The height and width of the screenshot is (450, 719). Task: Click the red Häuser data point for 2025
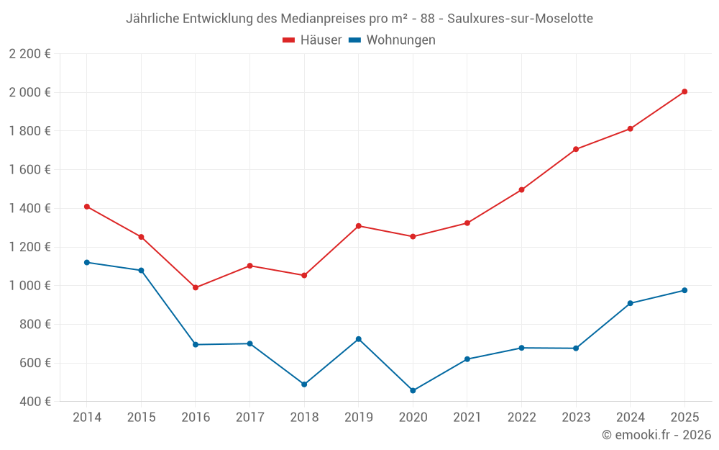click(x=684, y=91)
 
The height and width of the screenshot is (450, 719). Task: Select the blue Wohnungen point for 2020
click(x=413, y=391)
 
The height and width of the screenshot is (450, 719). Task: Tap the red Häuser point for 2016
click(x=196, y=287)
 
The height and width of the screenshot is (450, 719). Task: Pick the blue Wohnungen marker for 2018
click(x=304, y=384)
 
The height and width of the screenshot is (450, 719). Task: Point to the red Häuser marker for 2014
click(x=87, y=207)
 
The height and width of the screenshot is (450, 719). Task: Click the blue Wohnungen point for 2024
click(x=630, y=303)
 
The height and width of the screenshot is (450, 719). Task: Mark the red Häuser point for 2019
click(x=358, y=226)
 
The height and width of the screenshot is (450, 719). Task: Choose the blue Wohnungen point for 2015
click(x=141, y=271)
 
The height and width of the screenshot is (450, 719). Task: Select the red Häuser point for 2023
click(x=576, y=149)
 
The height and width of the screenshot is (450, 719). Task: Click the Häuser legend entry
click(x=312, y=40)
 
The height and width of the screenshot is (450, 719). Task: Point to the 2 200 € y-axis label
click(x=29, y=54)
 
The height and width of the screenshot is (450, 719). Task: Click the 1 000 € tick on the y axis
click(x=29, y=286)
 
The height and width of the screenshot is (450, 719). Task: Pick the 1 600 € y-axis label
click(x=29, y=170)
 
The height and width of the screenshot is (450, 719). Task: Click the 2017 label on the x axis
click(x=249, y=418)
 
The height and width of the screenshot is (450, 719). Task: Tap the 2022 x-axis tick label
click(x=521, y=418)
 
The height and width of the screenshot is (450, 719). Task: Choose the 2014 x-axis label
click(x=87, y=418)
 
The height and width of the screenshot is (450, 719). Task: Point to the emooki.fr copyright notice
click(x=656, y=435)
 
